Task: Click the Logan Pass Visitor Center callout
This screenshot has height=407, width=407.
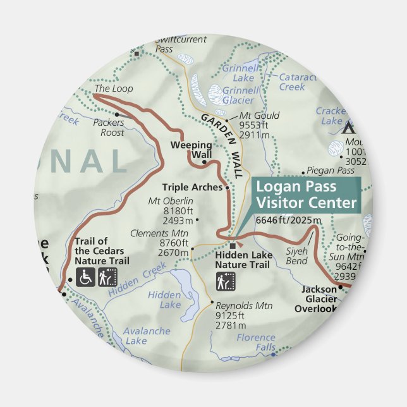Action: [x=305, y=195]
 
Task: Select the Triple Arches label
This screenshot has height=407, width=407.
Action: [x=192, y=187]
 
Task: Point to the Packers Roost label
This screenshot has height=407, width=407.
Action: [x=108, y=128]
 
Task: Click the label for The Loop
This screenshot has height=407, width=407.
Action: [x=114, y=89]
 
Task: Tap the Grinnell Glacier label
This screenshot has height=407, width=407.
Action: [x=241, y=95]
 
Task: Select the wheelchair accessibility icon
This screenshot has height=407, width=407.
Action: [x=85, y=277]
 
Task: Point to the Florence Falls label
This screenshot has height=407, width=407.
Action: [x=257, y=343]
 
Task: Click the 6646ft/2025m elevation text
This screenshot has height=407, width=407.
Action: [x=289, y=220]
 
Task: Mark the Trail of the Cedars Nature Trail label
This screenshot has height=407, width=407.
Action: [x=102, y=250]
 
